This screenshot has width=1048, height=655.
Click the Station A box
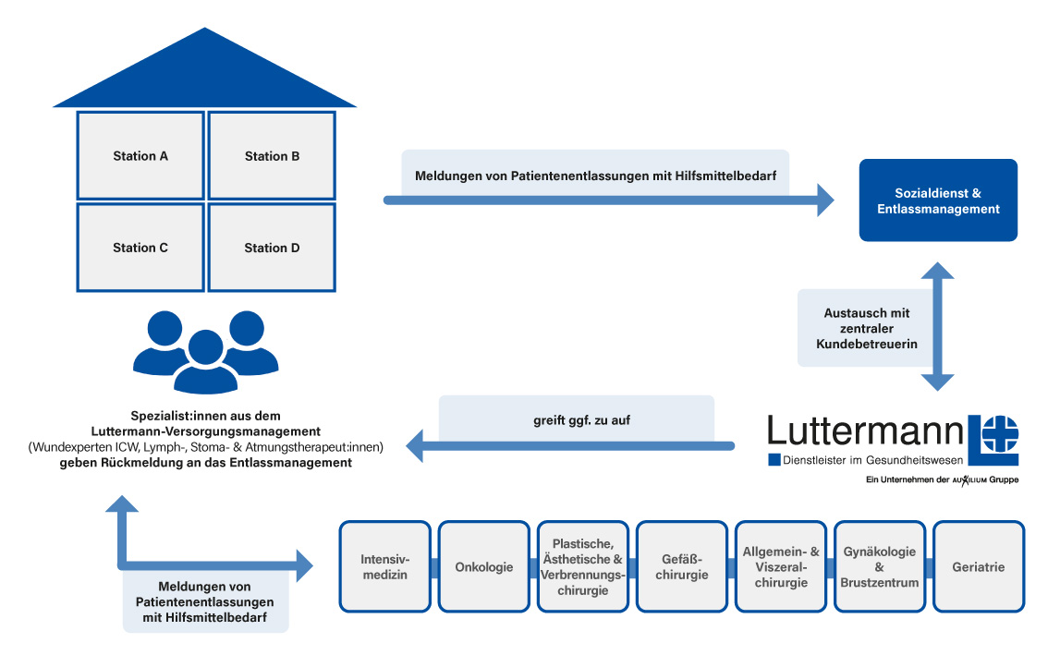pyautogui.click(x=140, y=156)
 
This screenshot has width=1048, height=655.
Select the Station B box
pyautogui.click(x=272, y=156)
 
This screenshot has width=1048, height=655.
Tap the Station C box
pyautogui.click(x=140, y=247)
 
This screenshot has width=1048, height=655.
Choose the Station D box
pyautogui.click(x=272, y=247)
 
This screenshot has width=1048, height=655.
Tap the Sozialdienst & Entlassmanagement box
pyautogui.click(x=938, y=200)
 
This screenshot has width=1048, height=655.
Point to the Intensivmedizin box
pyautogui.click(x=384, y=566)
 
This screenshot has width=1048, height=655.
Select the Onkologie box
pyautogui.click(x=483, y=566)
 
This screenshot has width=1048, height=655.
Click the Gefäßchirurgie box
pyautogui.click(x=681, y=566)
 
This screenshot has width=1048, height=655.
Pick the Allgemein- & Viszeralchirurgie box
pyautogui.click(x=780, y=566)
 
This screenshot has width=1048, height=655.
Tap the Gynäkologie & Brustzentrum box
pyautogui.click(x=879, y=566)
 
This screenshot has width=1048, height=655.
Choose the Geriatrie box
pyautogui.click(x=978, y=566)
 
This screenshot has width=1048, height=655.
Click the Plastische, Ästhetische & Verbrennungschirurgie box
pyautogui.click(x=582, y=566)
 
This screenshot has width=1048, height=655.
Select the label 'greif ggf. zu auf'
pyautogui.click(x=576, y=419)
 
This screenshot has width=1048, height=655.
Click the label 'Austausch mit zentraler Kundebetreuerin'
pyautogui.click(x=866, y=329)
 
